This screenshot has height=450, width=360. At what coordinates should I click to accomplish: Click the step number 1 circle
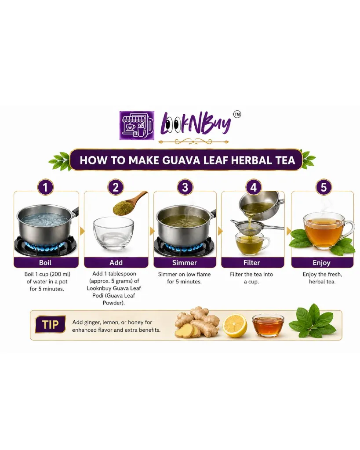pyautogui.click(x=46, y=187)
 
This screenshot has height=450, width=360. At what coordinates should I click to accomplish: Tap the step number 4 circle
pyautogui.click(x=253, y=187)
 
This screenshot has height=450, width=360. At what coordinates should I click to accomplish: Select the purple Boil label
pyautogui.click(x=46, y=262)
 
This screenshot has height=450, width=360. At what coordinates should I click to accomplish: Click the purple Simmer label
pyautogui.click(x=185, y=262)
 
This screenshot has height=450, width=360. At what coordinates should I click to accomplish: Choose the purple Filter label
pyautogui.click(x=252, y=262)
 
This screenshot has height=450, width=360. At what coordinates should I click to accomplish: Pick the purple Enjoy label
pyautogui.click(x=322, y=262)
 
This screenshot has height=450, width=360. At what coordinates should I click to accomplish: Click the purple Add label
pyautogui.click(x=116, y=262)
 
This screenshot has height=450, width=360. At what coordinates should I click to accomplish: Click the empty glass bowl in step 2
pyautogui.click(x=113, y=234)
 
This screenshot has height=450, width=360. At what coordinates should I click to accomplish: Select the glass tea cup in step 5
pyautogui.click(x=325, y=230)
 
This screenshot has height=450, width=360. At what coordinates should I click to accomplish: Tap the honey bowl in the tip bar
pyautogui.click(x=268, y=326)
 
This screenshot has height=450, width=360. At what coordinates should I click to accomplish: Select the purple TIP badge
pyautogui.click(x=50, y=324)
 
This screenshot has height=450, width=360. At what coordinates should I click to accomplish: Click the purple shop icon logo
pyautogui.click(x=137, y=125)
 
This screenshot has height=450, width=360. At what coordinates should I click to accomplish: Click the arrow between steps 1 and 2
pyautogui.click(x=82, y=231)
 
